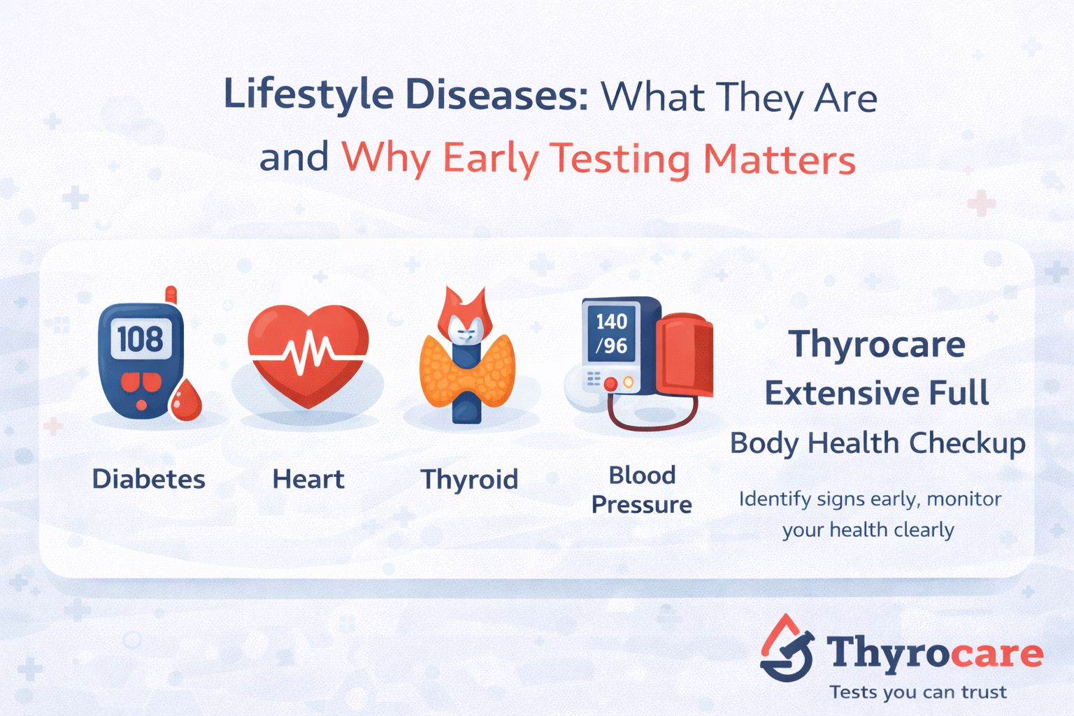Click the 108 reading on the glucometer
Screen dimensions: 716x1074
pos(140,340)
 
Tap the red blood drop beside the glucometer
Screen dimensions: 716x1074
pos(186,401)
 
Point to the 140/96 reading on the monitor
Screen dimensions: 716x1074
pos(611,333)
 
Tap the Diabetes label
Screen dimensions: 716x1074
pos(149,480)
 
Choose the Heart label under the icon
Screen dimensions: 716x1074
pos(308,480)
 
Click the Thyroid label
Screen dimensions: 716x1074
pos(469,480)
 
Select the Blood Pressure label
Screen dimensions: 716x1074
pos(641,489)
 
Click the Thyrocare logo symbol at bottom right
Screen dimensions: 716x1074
pos(787,649)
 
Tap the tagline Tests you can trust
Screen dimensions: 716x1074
pos(918,692)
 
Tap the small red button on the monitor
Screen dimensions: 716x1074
pos(610,383)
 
